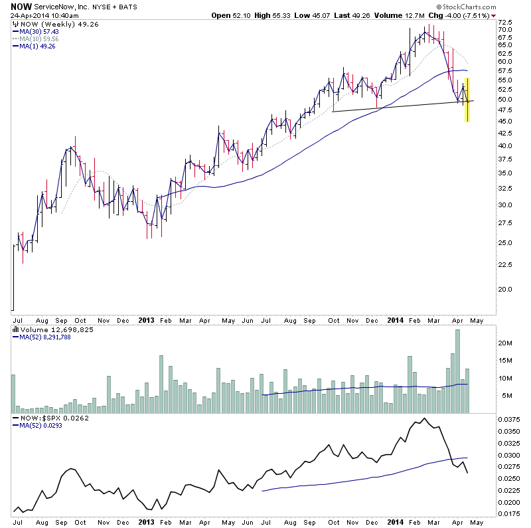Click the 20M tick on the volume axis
(508, 343)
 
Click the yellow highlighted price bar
(467, 100)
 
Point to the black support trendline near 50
(398, 106)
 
